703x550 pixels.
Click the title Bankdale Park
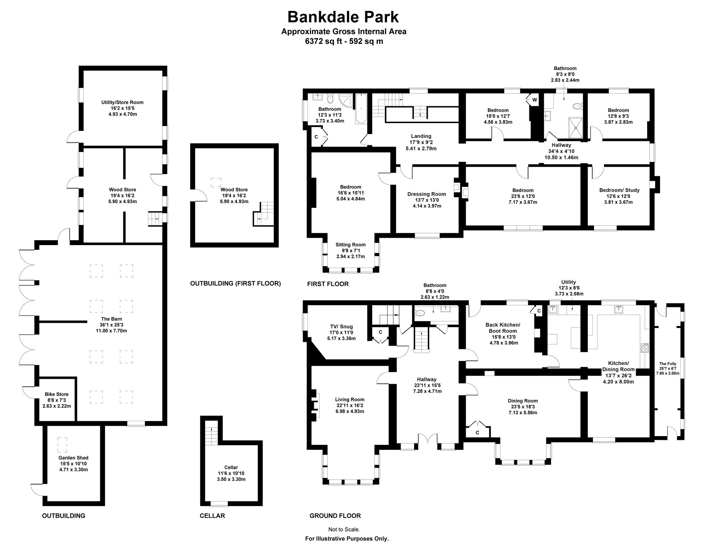(343, 17)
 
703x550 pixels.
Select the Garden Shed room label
(73, 458)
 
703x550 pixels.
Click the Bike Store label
(57, 394)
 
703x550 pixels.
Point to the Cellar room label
(231, 467)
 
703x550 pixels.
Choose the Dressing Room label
(427, 194)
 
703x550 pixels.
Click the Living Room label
(350, 399)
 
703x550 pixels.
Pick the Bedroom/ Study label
(619, 190)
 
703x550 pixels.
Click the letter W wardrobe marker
(535, 100)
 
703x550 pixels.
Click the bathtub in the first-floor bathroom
(361, 108)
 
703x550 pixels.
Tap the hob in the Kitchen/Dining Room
(645, 347)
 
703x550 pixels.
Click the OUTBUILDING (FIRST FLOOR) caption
(236, 283)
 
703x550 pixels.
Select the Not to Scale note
(344, 529)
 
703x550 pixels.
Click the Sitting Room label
(350, 245)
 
